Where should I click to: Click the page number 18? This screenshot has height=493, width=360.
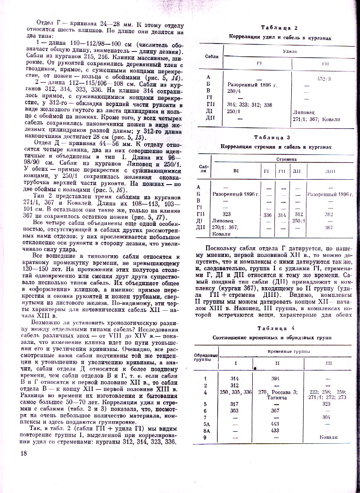pyautogui.click(x=23, y=453)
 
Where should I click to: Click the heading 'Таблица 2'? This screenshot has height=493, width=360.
pyautogui.click(x=279, y=28)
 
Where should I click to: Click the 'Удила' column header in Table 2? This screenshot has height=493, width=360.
pyautogui.click(x=290, y=51)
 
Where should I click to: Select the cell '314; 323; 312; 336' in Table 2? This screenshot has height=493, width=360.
pyautogui.click(x=250, y=105)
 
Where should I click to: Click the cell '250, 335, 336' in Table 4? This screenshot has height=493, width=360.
pyautogui.click(x=235, y=392)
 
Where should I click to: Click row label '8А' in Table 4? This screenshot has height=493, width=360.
pyautogui.click(x=205, y=430)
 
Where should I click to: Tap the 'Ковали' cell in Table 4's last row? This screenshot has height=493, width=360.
pyautogui.click(x=329, y=437)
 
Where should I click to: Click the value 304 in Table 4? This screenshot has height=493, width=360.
pyautogui.click(x=326, y=417)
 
